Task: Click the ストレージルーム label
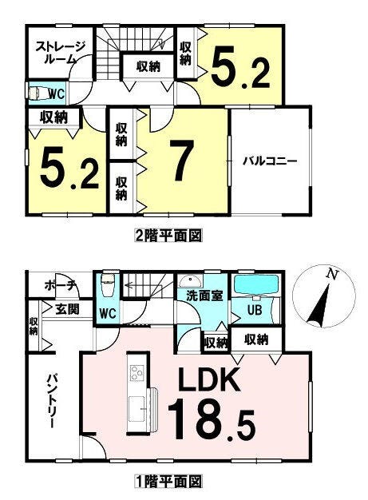60,54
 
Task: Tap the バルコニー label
270,161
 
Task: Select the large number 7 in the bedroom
182,161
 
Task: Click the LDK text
209,379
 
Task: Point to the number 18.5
212,419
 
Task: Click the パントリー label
52,401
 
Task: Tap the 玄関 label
68,308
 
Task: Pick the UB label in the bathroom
255,310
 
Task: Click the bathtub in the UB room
256,284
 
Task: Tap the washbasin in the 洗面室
190,281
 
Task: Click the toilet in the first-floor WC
108,282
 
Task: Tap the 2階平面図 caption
168,236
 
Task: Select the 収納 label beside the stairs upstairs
148,67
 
